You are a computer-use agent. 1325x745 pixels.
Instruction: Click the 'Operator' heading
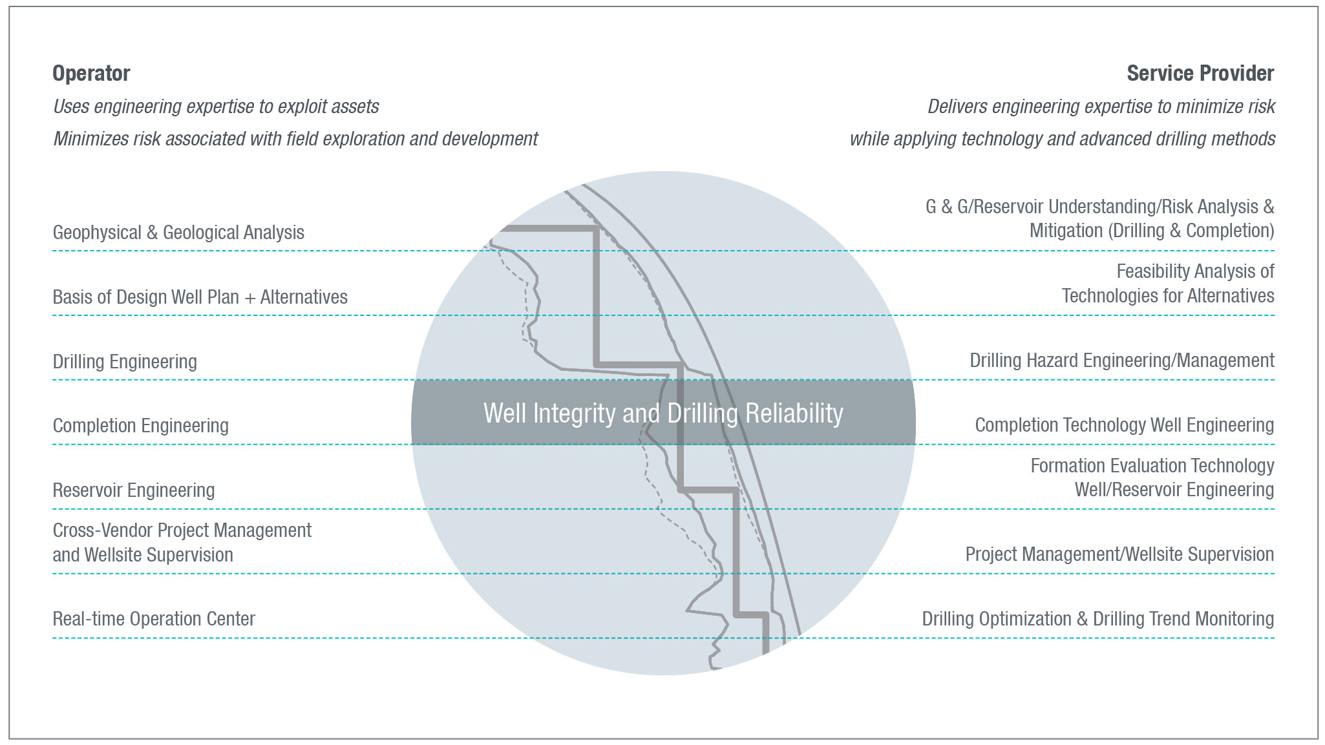(91, 74)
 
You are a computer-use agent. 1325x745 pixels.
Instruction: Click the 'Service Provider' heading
(1200, 74)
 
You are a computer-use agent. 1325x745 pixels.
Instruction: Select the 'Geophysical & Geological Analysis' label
(178, 233)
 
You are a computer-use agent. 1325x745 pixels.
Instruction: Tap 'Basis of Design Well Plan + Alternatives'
(200, 297)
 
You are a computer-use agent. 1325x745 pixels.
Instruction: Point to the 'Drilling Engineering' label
(125, 362)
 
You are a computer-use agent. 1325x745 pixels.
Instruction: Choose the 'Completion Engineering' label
(140, 426)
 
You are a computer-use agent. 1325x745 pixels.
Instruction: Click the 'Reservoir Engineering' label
(133, 490)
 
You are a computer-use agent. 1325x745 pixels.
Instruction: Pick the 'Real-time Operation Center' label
(154, 619)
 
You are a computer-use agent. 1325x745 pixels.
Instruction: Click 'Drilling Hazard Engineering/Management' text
(1121, 361)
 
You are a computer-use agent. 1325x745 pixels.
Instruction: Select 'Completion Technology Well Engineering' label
(1124, 425)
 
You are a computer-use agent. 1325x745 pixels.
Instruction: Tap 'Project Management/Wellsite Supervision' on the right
(1119, 554)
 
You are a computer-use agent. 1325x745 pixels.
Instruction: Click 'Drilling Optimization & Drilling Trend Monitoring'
(1097, 619)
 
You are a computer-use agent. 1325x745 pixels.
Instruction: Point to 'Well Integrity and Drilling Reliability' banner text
(663, 414)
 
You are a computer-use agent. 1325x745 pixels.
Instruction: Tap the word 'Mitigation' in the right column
(1066, 231)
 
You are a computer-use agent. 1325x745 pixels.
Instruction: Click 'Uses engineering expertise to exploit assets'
(216, 107)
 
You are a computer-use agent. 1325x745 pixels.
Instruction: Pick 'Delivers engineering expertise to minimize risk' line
(1101, 107)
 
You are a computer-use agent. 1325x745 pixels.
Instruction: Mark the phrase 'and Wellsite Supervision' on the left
(143, 555)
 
